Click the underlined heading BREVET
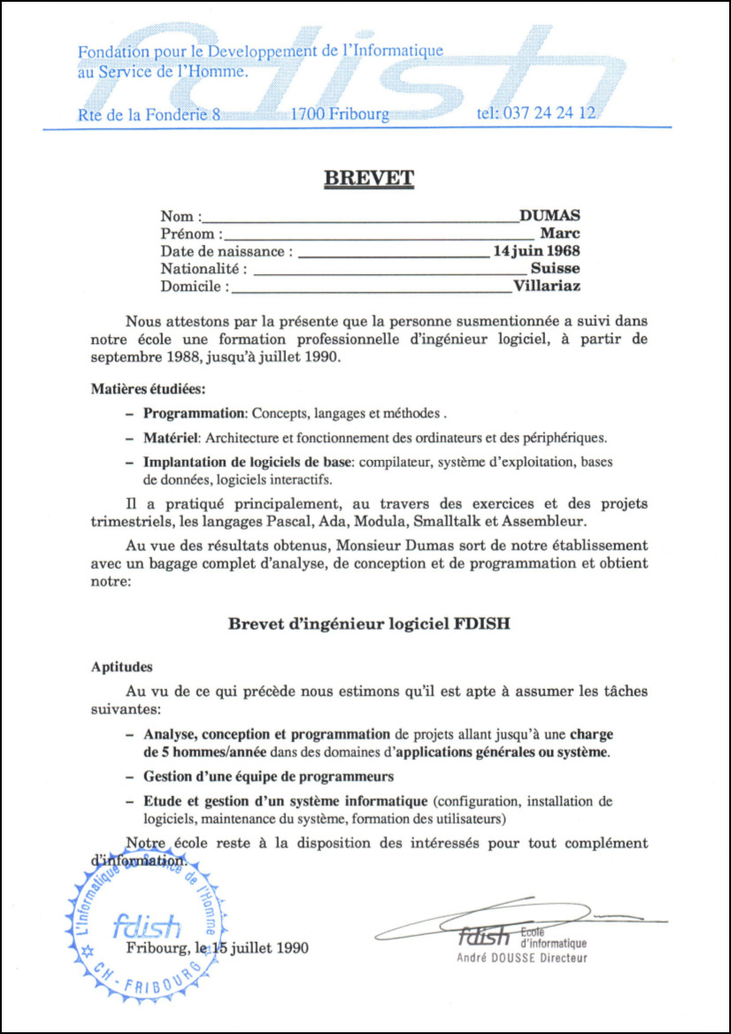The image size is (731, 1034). pyautogui.click(x=369, y=178)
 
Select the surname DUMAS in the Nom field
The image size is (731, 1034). pyautogui.click(x=550, y=216)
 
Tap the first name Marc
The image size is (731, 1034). pyautogui.click(x=559, y=234)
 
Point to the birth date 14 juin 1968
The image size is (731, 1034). pyautogui.click(x=536, y=251)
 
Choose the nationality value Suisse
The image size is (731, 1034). pyautogui.click(x=556, y=268)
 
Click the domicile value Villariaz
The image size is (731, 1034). pyautogui.click(x=547, y=286)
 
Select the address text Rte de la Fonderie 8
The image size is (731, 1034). pyautogui.click(x=149, y=113)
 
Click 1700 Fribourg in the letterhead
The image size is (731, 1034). pyautogui.click(x=340, y=113)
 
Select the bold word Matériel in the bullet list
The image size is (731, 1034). pyautogui.click(x=173, y=438)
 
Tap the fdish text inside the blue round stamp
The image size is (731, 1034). pyautogui.click(x=147, y=925)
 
